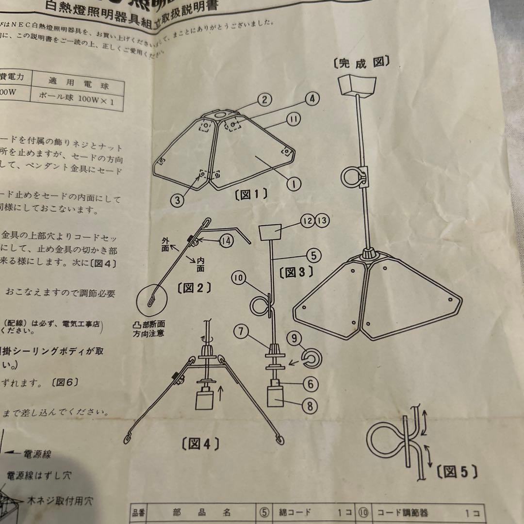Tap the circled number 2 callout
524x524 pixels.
coord(263,100)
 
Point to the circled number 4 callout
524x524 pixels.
coord(312,99)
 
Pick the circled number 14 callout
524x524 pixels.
coord(226,240)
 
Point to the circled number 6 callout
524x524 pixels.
coord(310,384)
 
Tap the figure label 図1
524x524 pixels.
coord(251,195)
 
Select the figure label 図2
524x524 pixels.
coord(194,288)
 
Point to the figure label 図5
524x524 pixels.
coord(456,471)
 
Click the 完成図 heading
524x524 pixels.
coord(362,63)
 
